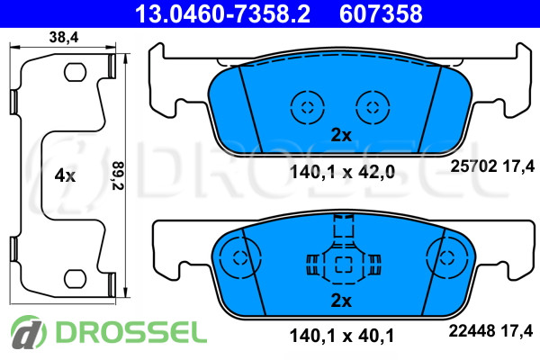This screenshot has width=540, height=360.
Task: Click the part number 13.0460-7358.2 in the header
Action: (222, 13)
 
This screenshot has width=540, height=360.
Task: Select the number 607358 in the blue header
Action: (381, 13)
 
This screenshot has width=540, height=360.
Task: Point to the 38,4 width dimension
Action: (64, 37)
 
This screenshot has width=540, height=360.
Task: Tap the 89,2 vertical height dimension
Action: (117, 175)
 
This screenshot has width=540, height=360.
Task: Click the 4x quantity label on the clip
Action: (65, 176)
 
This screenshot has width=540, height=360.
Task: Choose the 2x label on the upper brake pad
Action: (341, 135)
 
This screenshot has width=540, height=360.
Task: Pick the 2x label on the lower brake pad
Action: (341, 301)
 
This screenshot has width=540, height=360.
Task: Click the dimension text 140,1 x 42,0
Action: (342, 172)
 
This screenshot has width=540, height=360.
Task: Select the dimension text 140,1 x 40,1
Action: (342, 336)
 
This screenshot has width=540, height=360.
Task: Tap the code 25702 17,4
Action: (492, 166)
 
